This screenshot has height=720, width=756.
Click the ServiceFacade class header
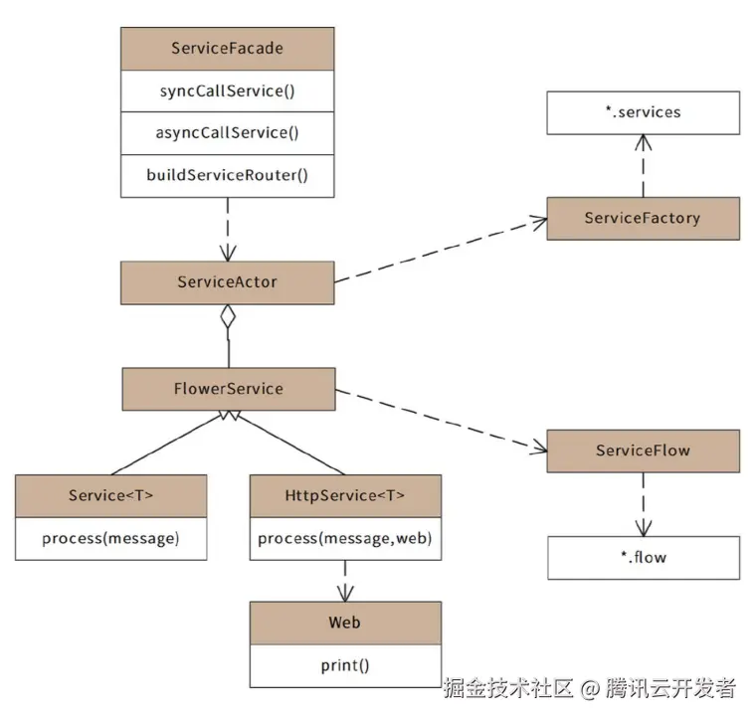tap(227, 49)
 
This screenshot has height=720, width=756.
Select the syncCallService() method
tap(227, 91)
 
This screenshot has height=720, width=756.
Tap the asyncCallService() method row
tap(227, 132)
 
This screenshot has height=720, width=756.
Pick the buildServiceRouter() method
tap(227, 175)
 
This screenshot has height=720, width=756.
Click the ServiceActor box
tap(227, 282)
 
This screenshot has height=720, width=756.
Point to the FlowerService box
tap(229, 389)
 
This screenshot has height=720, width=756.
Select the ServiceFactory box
tap(643, 218)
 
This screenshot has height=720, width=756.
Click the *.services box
tap(643, 112)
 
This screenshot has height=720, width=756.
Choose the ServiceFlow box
tap(643, 450)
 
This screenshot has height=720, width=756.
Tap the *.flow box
tap(643, 558)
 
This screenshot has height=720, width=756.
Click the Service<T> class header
tap(110, 495)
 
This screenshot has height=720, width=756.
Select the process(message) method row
tap(110, 539)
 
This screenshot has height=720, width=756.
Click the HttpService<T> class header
tap(344, 495)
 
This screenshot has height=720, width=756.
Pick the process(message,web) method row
tap(344, 539)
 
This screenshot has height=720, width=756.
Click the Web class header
tap(344, 624)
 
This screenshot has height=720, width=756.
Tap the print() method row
tap(344, 666)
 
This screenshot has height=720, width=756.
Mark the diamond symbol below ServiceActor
tap(229, 318)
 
